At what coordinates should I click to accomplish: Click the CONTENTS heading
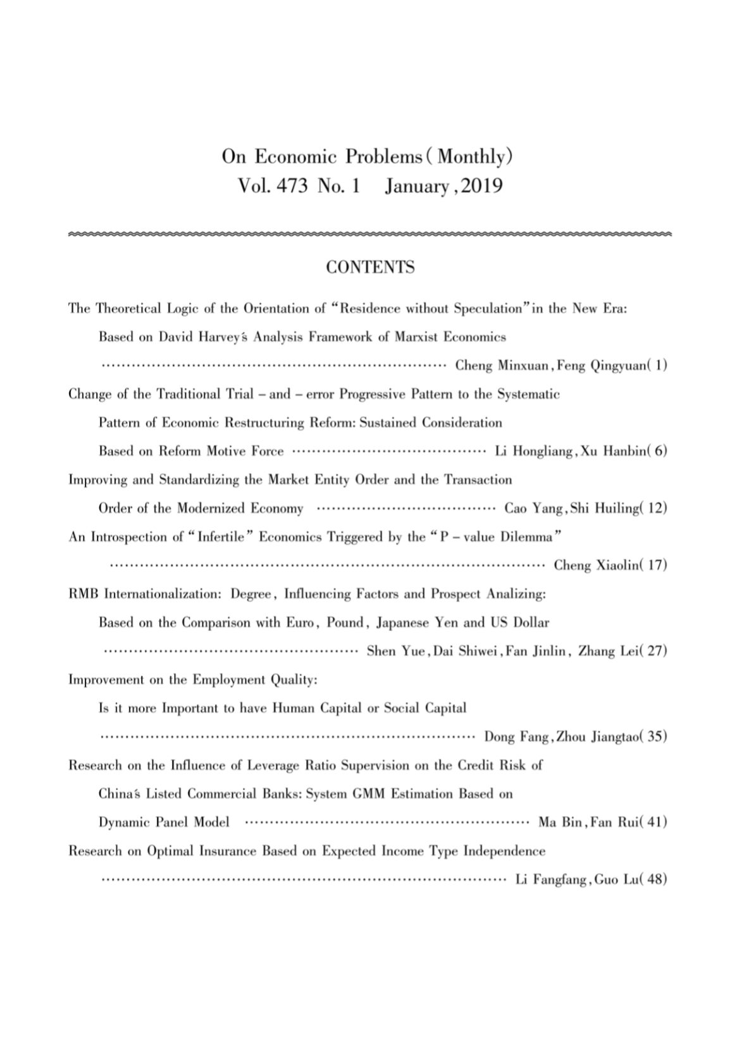370,268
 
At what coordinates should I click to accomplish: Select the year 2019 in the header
482,186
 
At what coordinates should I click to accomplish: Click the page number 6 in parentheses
660,452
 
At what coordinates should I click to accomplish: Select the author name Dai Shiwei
468,652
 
